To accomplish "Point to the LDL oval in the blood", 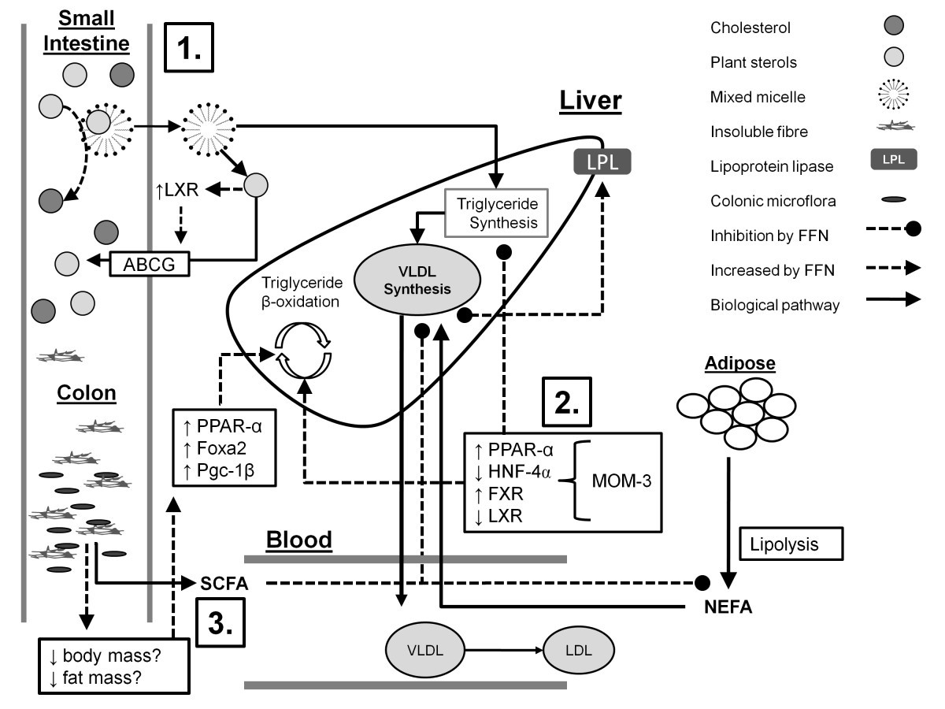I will [577, 651].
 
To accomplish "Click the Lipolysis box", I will [790, 544].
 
